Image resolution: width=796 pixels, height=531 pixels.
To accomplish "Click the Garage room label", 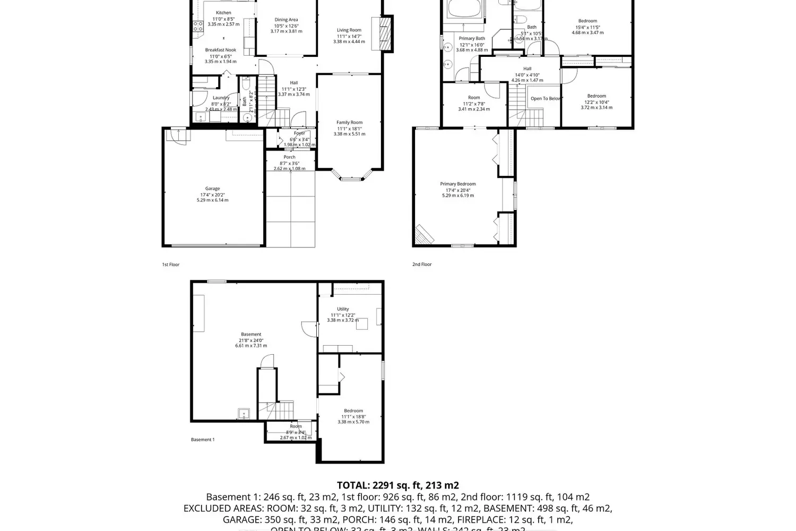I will point(212,189).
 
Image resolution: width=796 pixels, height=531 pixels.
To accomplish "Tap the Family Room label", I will point(349,123).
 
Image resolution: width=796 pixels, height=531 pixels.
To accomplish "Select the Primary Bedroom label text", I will point(457,184).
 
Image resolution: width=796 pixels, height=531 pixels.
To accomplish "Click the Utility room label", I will point(343,309).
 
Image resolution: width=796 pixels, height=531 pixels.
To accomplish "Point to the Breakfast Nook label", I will point(221,50).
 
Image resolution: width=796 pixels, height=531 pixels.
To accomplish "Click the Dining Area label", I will point(286,20).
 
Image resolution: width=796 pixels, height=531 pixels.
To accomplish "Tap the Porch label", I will point(289,157).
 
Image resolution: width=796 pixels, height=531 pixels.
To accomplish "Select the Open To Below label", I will point(545,99).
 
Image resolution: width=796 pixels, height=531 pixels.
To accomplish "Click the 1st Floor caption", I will point(171,264).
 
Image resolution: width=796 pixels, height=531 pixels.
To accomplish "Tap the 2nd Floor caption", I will point(422,264).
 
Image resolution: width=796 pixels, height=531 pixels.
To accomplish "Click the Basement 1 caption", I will point(203,440).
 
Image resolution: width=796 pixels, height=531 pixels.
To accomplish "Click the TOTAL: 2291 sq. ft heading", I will point(397,485).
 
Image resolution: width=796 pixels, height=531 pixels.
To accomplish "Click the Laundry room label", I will point(221,98).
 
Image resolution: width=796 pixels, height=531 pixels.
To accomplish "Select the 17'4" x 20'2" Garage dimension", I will point(212,194).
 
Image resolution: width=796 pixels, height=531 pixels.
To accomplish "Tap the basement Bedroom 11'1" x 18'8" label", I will point(353,410).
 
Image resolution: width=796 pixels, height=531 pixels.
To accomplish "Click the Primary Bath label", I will point(472,39).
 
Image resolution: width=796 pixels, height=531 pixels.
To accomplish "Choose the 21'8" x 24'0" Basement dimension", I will point(251,340).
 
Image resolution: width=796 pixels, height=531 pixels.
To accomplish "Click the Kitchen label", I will point(223,13).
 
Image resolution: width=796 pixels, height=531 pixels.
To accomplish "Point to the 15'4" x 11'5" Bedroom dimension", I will point(587,27).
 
